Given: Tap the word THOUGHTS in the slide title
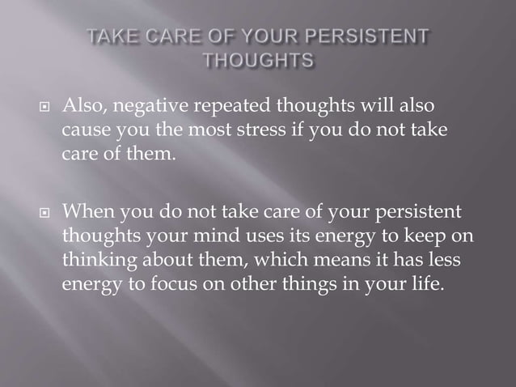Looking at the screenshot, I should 258,61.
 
